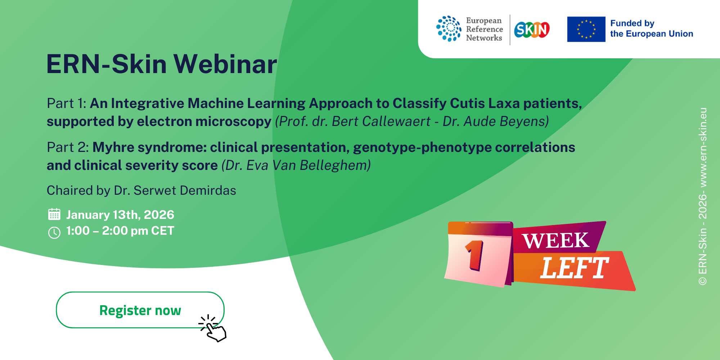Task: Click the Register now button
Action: click(x=140, y=310)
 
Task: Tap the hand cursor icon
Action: click(x=213, y=328)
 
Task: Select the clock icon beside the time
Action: click(x=54, y=233)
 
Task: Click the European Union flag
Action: click(x=586, y=29)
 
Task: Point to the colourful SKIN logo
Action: click(x=532, y=30)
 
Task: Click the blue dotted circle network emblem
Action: click(x=449, y=29)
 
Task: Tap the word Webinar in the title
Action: click(x=225, y=64)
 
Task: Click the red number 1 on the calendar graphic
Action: click(x=475, y=255)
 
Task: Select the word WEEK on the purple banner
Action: click(x=556, y=240)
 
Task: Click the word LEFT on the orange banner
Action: click(x=574, y=268)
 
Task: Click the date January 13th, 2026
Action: click(x=120, y=215)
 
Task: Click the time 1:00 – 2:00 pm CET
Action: click(x=120, y=231)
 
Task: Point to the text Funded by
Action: click(x=632, y=23)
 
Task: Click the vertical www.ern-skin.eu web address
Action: click(x=703, y=147)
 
